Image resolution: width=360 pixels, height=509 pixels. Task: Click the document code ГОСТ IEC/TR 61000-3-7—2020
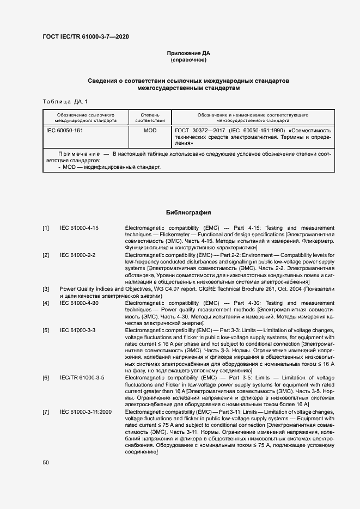click(x=86, y=37)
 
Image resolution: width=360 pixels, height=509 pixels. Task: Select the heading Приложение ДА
click(x=188, y=53)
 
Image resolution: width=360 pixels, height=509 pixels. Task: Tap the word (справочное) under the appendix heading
click(x=188, y=60)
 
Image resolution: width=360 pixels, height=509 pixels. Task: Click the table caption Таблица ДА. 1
click(x=64, y=102)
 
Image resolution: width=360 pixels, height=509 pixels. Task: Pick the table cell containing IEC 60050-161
click(x=64, y=131)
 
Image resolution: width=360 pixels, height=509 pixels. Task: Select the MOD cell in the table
click(x=150, y=131)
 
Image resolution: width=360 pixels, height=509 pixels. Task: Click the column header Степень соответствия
click(x=150, y=118)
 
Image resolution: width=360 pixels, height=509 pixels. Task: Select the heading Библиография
click(x=188, y=212)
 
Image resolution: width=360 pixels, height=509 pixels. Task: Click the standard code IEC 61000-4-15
click(x=79, y=228)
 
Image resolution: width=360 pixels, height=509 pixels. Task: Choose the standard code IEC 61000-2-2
click(x=77, y=255)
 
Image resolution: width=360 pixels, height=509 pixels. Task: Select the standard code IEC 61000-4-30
click(x=79, y=303)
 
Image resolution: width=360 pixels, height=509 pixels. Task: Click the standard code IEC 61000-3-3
click(x=77, y=330)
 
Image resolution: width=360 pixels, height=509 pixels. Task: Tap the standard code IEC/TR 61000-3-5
click(x=82, y=377)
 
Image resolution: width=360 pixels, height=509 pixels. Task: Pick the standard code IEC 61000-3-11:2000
click(x=86, y=412)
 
